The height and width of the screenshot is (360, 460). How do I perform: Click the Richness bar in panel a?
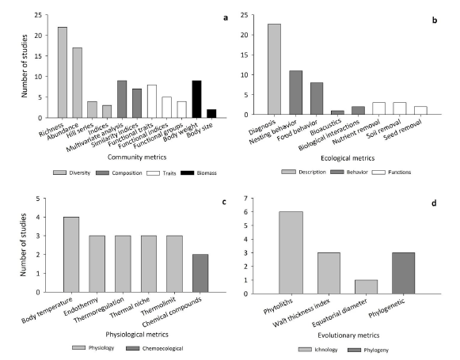click(x=62, y=72)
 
